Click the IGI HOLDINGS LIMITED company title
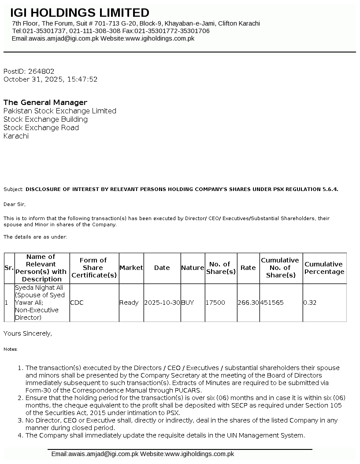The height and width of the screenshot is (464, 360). (80, 13)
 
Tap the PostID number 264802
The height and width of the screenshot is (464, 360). (41, 71)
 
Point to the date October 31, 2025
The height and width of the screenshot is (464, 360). (33, 79)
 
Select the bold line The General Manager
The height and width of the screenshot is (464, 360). (45, 102)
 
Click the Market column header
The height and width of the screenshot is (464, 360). (131, 268)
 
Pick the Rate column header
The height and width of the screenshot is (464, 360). (248, 268)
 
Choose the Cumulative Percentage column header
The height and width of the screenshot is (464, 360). (324, 268)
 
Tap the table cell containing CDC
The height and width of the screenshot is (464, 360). (77, 303)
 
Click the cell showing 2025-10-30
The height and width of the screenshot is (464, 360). (162, 303)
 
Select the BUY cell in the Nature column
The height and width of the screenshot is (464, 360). (188, 303)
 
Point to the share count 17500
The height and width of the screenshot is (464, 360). (215, 303)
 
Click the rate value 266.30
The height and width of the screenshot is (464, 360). (248, 303)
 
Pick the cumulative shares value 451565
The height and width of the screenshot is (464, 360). (272, 303)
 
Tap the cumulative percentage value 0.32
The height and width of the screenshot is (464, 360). (310, 303)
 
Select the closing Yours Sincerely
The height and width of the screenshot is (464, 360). (28, 333)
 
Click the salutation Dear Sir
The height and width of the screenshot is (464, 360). (15, 204)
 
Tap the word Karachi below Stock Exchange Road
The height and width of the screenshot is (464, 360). (16, 136)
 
